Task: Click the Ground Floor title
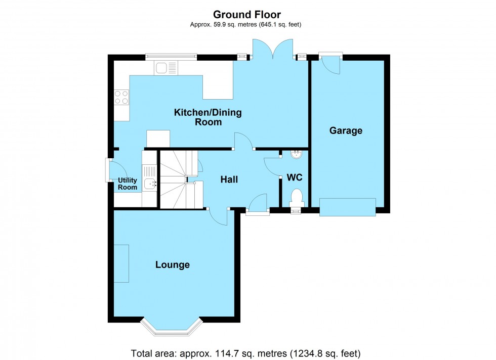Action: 246,15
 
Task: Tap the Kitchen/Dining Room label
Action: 208,117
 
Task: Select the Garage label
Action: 346,131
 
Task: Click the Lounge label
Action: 172,264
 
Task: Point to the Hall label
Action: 229,179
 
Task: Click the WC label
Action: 295,178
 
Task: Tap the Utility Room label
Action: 128,184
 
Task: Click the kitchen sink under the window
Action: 167,68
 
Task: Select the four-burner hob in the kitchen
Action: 121,97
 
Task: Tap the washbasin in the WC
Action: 296,154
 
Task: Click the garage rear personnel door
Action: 330,62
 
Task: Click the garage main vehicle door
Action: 347,207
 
